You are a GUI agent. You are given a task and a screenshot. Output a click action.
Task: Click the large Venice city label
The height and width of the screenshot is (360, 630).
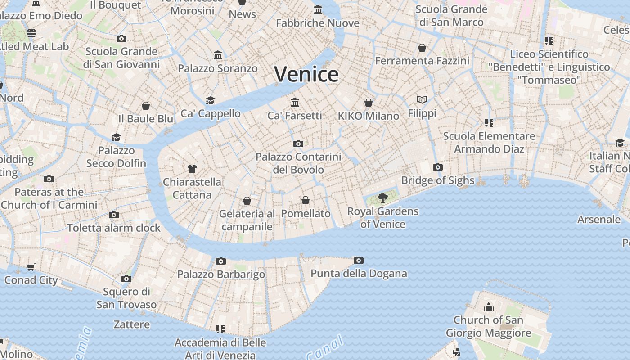[306, 74]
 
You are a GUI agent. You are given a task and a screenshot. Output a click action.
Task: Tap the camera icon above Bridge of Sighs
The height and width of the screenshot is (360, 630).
[437, 167]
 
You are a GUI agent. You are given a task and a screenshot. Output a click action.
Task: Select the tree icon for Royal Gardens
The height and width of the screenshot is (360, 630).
[382, 198]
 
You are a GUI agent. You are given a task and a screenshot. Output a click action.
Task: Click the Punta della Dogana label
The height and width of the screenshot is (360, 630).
[359, 274]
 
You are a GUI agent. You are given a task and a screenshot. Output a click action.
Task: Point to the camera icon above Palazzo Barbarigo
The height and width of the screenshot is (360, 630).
[220, 261]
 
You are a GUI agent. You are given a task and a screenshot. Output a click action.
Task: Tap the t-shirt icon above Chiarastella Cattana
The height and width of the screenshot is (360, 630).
[192, 169]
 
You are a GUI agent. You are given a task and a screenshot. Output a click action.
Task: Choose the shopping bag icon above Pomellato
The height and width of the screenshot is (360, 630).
[306, 200]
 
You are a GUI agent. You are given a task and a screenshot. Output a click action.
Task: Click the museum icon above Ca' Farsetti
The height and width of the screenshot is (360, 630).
[295, 102]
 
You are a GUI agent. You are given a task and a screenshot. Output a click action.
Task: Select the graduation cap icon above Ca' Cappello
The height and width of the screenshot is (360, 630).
[210, 100]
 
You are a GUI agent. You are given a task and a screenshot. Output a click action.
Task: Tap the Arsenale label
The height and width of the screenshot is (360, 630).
[599, 220]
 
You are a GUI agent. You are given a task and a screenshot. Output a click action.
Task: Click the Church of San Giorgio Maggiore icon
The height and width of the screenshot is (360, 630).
[489, 307]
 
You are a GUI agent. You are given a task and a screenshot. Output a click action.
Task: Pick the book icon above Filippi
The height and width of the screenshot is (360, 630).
[422, 99]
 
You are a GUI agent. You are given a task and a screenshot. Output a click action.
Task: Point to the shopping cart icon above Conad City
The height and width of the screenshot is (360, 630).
[31, 267]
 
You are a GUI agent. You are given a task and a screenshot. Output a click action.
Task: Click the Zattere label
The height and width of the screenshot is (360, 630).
[131, 324]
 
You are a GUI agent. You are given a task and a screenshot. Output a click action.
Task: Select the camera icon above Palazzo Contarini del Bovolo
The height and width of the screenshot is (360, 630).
[298, 144]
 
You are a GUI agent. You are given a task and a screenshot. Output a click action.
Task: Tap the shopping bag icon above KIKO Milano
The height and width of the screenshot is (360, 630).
[369, 103]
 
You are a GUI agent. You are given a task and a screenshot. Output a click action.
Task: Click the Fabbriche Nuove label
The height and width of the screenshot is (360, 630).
[318, 23]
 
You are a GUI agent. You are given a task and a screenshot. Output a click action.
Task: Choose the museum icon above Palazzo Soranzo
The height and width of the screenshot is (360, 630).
[218, 55]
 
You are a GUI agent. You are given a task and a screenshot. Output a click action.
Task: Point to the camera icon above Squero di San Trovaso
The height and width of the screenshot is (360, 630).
[126, 279]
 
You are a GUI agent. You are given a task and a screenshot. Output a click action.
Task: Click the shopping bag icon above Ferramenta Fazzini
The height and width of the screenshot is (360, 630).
[422, 48]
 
